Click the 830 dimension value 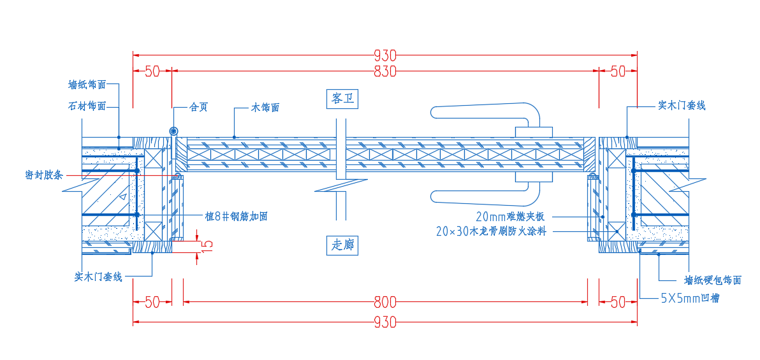click(x=385, y=71)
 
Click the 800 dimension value click(x=386, y=303)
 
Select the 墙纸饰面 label click(x=87, y=85)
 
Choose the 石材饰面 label click(x=87, y=106)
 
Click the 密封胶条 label click(x=43, y=175)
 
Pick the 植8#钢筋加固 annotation click(x=236, y=217)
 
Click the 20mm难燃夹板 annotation click(x=513, y=216)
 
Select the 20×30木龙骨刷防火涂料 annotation click(x=491, y=232)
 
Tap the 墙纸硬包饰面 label click(x=713, y=280)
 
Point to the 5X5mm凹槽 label click(x=690, y=299)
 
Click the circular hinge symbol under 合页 click(x=173, y=131)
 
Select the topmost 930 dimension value click(x=385, y=55)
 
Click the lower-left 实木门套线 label click(x=98, y=277)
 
